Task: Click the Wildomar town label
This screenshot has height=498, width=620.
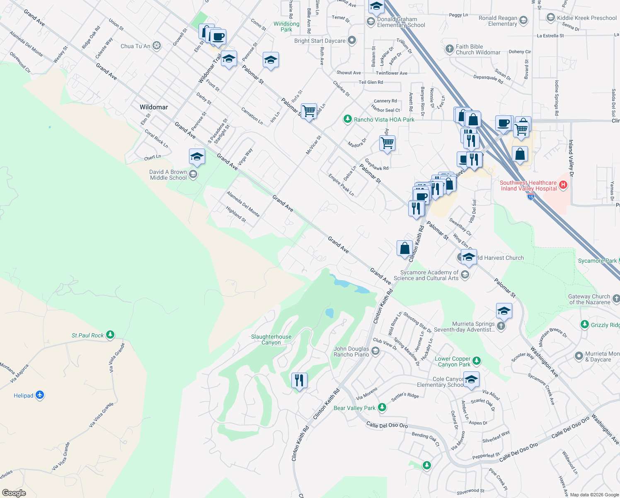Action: pos(154,107)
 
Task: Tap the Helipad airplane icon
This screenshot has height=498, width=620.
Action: pos(40,395)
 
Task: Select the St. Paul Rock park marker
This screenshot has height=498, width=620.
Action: pos(110,334)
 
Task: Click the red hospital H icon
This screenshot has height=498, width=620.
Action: pos(563,185)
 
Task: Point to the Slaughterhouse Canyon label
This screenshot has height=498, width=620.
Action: pos(271,339)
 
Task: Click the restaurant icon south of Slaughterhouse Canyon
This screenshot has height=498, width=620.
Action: pos(299,380)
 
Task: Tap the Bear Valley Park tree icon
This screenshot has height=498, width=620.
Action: pos(382,408)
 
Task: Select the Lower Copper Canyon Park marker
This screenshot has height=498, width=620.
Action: pos(476,361)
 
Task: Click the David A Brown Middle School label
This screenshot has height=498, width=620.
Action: pos(168,175)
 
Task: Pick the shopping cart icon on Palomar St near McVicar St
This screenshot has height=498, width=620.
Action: pos(309,111)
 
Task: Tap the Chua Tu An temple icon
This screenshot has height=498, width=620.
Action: pos(156,46)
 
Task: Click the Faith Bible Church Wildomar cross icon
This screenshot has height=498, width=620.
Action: pos(449,49)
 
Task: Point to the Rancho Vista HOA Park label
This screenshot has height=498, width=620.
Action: pos(384,120)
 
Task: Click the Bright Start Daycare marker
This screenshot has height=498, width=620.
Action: pos(352,40)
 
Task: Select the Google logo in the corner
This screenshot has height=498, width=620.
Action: pos(14,493)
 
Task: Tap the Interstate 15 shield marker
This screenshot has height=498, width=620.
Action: pos(531,197)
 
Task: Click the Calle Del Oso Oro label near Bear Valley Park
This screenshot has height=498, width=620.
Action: pos(387,425)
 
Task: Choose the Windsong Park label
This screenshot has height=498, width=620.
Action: pos(286,27)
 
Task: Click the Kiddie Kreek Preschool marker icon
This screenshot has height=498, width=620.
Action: pos(550,17)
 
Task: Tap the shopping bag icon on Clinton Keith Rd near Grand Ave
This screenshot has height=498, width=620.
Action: pos(404,248)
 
